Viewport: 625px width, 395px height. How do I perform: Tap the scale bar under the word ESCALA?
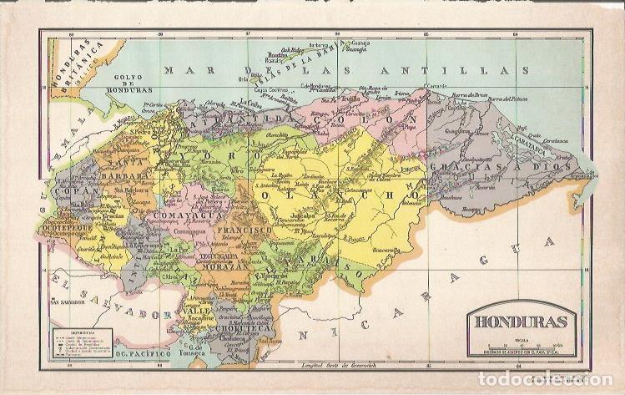pos(517,344)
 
